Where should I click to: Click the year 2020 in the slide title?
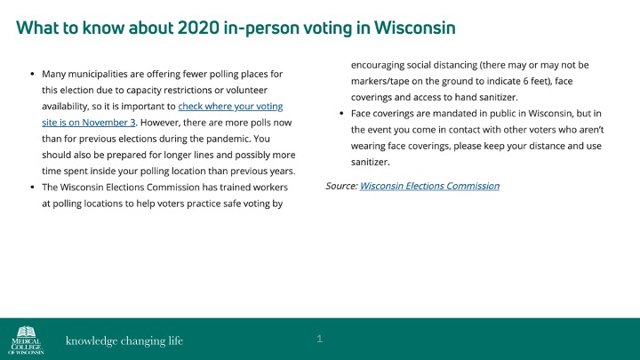pos(200,28)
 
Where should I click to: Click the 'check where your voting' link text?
pos(230,106)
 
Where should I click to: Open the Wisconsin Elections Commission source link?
pos(429,186)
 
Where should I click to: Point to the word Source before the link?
pos(341,186)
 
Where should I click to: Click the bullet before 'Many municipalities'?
pos(32,74)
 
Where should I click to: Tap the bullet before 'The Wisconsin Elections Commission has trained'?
pos(32,188)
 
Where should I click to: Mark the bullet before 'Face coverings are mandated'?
pos(342,114)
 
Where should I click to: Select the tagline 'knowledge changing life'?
pos(124,340)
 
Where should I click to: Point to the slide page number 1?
pos(319,339)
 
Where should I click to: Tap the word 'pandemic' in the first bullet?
pos(224,138)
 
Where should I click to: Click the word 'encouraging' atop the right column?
pos(382,65)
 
